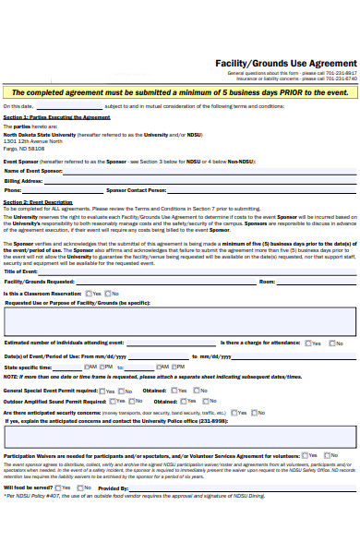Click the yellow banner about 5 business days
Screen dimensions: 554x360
coord(180,93)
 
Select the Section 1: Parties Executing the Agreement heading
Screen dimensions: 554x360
coord(56,118)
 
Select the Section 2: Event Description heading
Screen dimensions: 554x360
coord(38,201)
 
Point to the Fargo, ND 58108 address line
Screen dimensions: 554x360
coord(24,148)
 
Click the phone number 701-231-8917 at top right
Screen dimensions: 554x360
coord(339,72)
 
